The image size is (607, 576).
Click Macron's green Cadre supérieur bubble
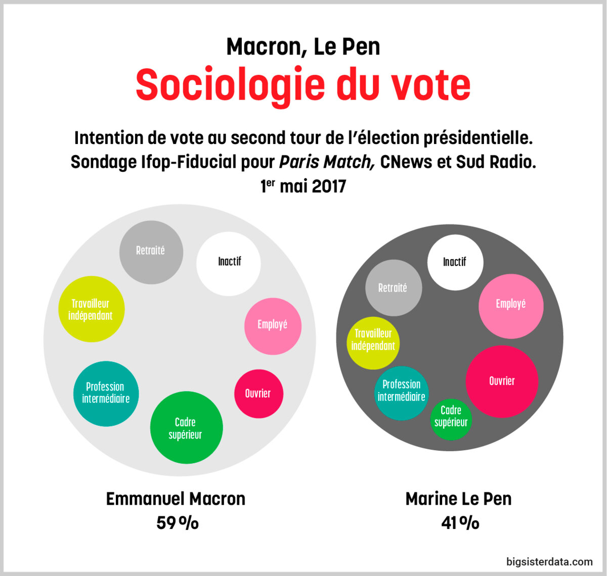186,427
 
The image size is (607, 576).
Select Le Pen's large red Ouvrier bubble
501,381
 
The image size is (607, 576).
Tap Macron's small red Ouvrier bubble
258,394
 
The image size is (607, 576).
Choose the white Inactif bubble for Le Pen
455,262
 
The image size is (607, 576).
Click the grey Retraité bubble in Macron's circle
151,252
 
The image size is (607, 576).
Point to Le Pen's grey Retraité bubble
393,287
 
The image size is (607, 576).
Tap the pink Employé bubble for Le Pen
511,305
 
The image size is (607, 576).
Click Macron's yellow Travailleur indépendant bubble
91,309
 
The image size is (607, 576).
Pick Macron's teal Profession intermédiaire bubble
106,393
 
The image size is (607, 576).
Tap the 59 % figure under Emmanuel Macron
177,522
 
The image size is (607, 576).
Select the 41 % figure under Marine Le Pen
460,522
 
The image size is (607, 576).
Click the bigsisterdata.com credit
549,561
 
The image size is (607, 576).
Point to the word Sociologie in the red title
230,85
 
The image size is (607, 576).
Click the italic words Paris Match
327,162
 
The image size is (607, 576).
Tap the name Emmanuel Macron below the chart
176,499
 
